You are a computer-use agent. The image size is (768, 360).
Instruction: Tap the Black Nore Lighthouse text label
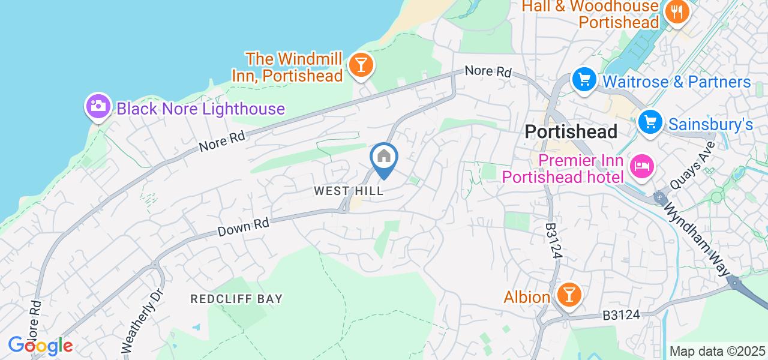tap(200, 109)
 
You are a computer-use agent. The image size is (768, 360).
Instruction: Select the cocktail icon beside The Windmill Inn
tap(361, 63)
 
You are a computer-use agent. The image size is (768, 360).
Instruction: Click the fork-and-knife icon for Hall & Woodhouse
tap(676, 12)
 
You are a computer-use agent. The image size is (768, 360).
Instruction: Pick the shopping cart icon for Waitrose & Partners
tap(583, 80)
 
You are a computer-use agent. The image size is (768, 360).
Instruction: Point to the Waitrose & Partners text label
tap(676, 82)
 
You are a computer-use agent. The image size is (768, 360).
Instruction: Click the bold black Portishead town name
tap(571, 132)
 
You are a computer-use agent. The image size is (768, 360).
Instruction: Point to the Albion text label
tap(527, 297)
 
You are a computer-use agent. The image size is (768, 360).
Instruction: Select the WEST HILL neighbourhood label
tap(349, 191)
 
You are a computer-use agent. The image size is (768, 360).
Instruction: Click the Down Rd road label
tap(244, 226)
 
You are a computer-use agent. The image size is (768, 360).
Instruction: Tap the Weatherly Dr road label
tap(138, 322)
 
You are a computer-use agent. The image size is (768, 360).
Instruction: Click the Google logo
tap(40, 346)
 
